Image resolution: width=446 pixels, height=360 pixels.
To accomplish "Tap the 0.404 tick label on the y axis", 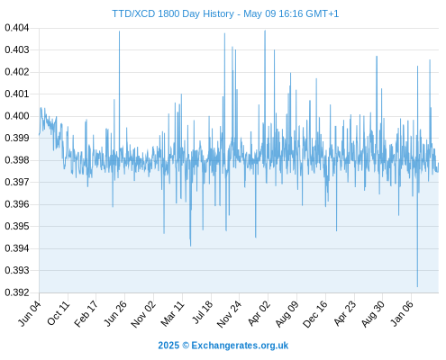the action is coord(17,28).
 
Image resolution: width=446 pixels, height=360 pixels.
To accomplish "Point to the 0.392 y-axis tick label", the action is coord(17,292).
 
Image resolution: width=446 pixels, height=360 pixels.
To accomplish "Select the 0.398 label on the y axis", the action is coord(17,160).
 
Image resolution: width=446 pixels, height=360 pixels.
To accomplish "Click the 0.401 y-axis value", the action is coord(17,94).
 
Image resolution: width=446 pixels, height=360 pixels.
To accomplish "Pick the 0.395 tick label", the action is coord(17,226).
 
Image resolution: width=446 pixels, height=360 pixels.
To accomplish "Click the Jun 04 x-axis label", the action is coord(30,313).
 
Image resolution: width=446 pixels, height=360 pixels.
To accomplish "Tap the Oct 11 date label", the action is coord(59,313).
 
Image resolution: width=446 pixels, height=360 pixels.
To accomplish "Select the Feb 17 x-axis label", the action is coord(86,313).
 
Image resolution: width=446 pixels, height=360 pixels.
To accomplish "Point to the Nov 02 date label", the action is coord(143,314).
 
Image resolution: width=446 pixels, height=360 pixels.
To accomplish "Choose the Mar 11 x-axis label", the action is coord(172,313).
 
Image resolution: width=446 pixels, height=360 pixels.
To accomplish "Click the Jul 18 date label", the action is coord(202,312).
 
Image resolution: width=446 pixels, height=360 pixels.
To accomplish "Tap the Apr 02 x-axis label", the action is coord(259,313).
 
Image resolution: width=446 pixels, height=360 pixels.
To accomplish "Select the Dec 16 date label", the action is coord(315,314).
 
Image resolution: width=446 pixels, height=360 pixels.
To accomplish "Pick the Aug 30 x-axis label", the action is coord(373,314).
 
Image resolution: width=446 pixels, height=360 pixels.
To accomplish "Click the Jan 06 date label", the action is coord(402,313).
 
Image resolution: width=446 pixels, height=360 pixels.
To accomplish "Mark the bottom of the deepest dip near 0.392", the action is coord(417,287).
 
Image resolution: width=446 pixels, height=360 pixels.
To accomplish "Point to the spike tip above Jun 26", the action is coord(119,31).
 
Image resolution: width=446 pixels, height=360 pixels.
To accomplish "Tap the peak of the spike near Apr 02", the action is coord(265,31).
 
